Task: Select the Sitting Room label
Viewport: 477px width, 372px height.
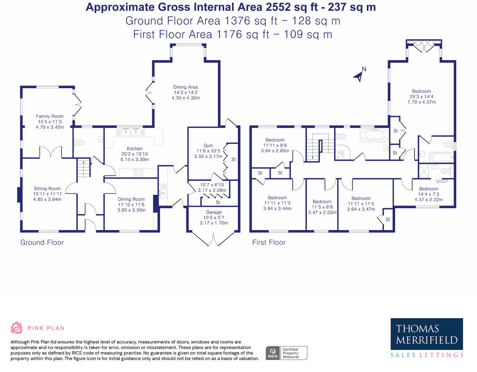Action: point(47,189)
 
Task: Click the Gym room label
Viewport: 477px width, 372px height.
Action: point(208,145)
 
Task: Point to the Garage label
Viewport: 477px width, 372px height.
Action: point(213,212)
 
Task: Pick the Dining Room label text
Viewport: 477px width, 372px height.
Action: point(131,199)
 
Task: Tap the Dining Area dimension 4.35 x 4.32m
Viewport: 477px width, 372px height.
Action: point(185,98)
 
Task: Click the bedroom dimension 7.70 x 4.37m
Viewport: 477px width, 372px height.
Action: point(421,102)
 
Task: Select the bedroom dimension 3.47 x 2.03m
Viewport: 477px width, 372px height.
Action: point(322,212)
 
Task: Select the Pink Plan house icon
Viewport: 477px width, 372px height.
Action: point(16,328)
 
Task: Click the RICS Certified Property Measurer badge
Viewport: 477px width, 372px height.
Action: point(286,353)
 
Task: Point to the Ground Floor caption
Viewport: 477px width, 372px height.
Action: point(42,242)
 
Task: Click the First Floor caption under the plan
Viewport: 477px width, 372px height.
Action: point(269,242)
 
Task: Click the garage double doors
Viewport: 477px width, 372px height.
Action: point(213,239)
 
